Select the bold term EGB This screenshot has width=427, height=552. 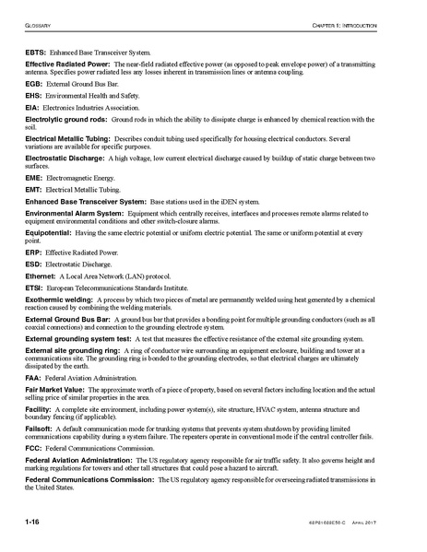36,84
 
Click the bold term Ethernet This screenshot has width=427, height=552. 42,276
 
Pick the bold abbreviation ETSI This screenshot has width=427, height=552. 36,288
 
